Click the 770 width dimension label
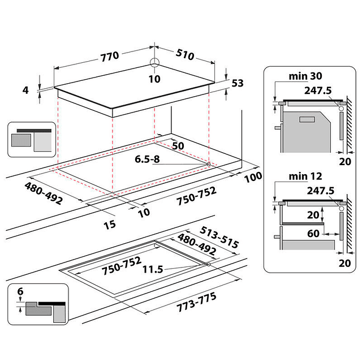110,56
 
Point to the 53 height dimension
237,83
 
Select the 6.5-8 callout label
148,160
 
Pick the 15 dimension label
110,225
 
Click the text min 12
305,177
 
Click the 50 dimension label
178,145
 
